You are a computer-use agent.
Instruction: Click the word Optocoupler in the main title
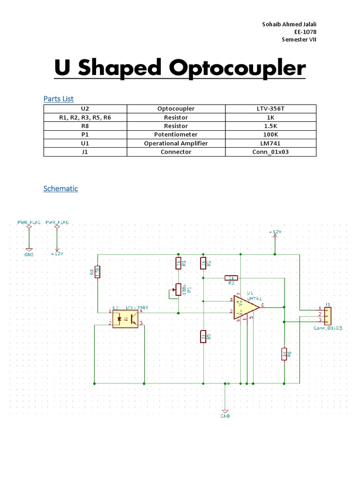coord(237,68)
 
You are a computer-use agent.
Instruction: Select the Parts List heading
coord(59,98)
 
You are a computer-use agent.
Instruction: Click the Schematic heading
coord(60,188)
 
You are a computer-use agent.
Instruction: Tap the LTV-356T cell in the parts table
coord(270,109)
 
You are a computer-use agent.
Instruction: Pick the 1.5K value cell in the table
coord(270,126)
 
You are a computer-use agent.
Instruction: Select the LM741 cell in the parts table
coord(270,143)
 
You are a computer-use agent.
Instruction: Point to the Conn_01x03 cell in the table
coord(270,152)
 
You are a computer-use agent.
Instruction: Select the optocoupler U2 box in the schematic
coord(125,318)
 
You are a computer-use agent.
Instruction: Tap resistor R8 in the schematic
coord(97,272)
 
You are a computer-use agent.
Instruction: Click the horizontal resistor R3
coord(231,278)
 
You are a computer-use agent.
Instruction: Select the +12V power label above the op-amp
coord(275,232)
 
